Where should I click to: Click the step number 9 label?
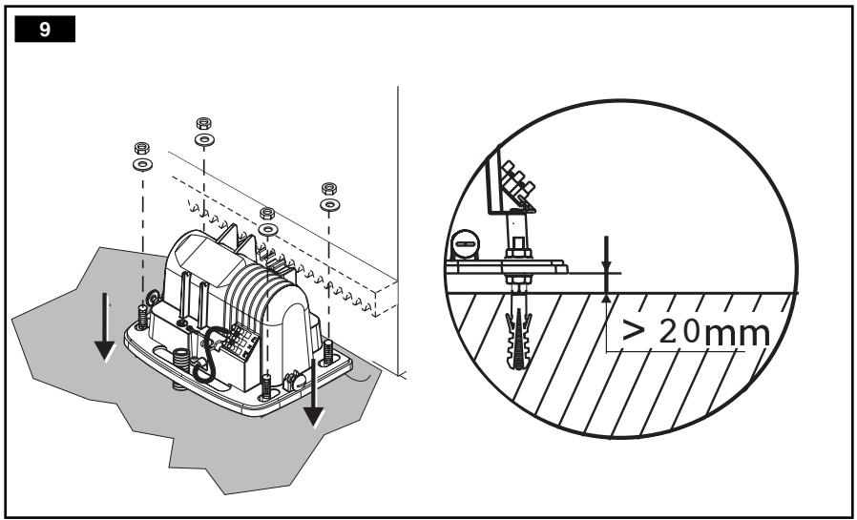tap(45, 29)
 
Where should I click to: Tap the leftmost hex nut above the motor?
tap(142, 148)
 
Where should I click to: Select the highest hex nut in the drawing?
tap(204, 123)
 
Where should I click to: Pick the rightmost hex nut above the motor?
tap(329, 189)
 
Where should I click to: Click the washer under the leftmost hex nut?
tap(142, 164)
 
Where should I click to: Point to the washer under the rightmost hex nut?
tap(329, 205)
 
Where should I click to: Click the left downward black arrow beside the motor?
tap(104, 326)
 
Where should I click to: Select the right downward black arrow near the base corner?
tap(314, 392)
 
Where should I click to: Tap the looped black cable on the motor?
tap(206, 355)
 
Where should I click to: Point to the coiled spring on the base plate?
tap(181, 361)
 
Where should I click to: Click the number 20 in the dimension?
tap(679, 331)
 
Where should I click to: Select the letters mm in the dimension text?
tap(738, 333)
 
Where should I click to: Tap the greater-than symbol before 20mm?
tap(634, 330)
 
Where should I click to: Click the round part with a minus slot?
tap(465, 244)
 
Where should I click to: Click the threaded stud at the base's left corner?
tap(142, 318)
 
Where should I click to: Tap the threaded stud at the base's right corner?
tap(328, 352)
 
